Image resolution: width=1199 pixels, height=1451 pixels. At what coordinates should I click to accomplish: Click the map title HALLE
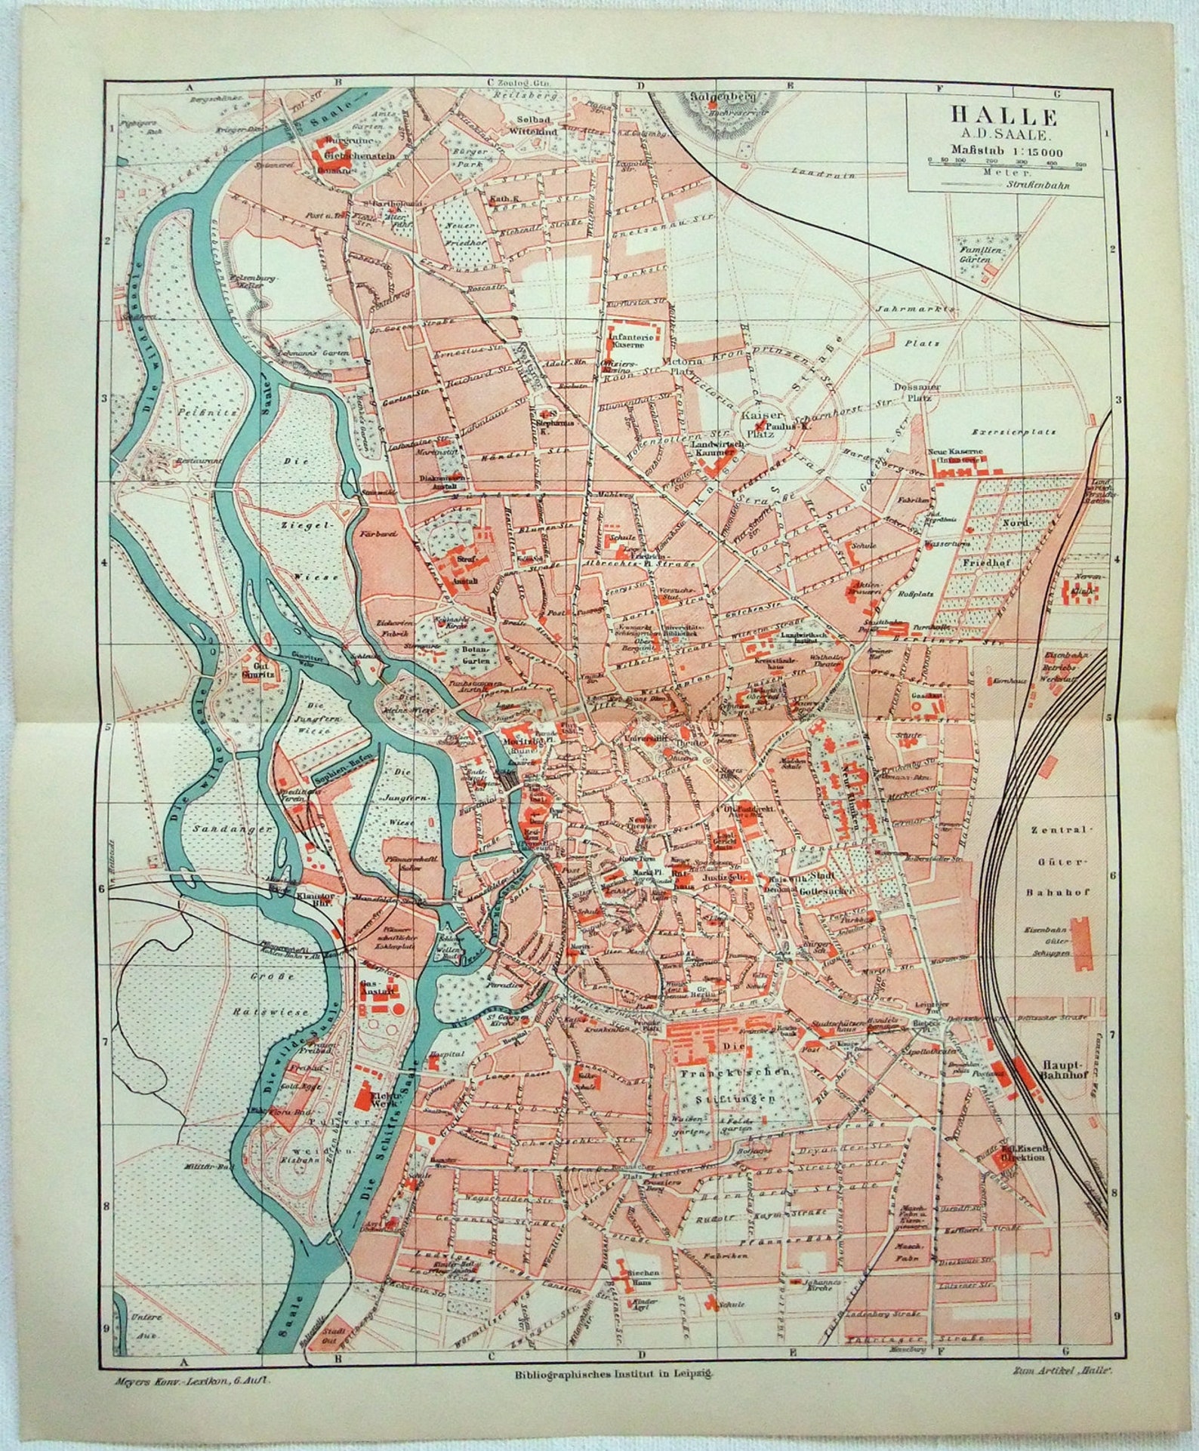tap(1003, 116)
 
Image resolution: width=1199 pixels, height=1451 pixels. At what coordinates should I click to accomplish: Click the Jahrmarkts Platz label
tap(922, 326)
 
